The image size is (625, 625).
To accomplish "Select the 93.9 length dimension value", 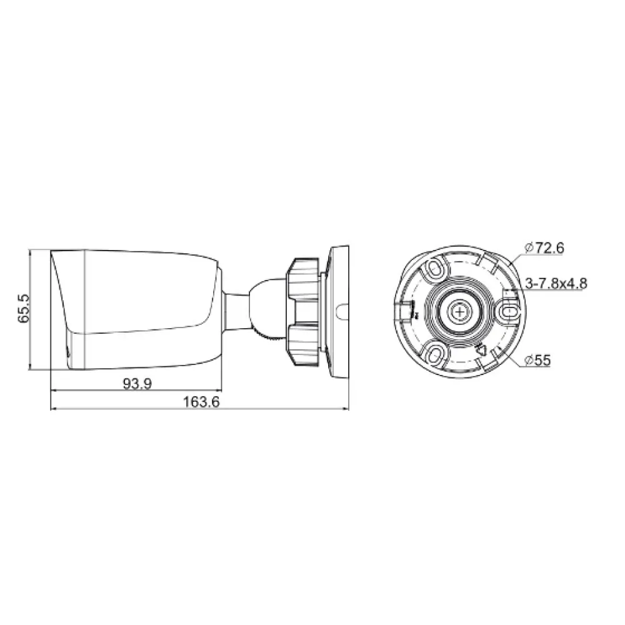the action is (x=137, y=384).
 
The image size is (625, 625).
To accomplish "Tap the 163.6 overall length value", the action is (x=201, y=401).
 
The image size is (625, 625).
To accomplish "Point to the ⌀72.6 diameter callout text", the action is (x=544, y=248).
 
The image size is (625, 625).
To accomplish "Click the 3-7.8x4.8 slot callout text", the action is (x=556, y=283).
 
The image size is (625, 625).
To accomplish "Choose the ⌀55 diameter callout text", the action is (x=537, y=361).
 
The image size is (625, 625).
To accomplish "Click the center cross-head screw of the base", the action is (x=459, y=311).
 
